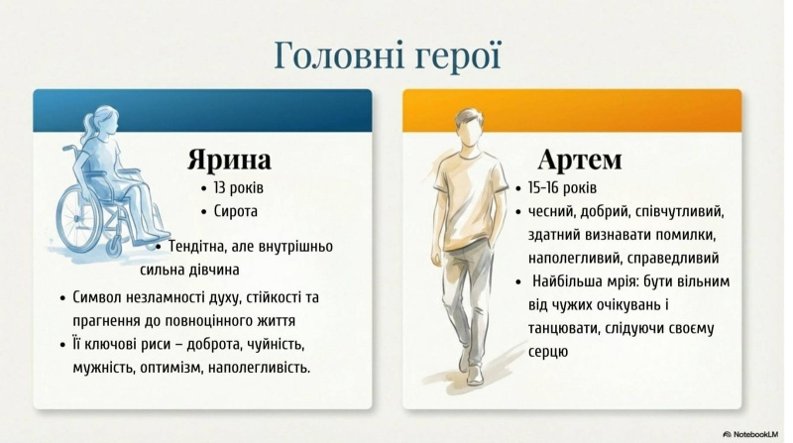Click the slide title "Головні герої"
(388, 55)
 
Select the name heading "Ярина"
(229, 160)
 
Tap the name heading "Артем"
(580, 160)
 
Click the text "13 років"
(238, 188)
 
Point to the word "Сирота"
(236, 211)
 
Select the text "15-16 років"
(562, 188)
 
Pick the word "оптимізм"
(170, 368)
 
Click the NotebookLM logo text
(755, 434)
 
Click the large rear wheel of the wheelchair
(79, 218)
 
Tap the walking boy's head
(470, 128)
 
